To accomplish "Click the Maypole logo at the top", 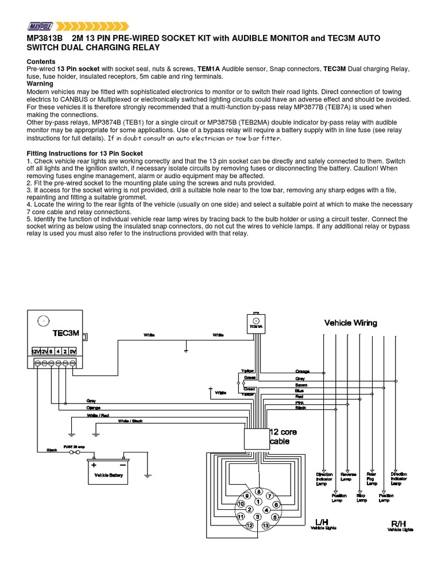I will [39, 25].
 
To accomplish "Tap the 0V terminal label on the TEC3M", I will [72, 350].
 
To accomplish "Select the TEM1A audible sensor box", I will [256, 323].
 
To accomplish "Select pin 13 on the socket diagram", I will [266, 525].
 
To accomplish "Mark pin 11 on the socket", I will [242, 517].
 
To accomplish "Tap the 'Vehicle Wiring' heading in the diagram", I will [351, 323].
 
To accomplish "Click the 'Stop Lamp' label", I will [362, 497].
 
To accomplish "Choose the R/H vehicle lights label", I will [399, 525].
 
